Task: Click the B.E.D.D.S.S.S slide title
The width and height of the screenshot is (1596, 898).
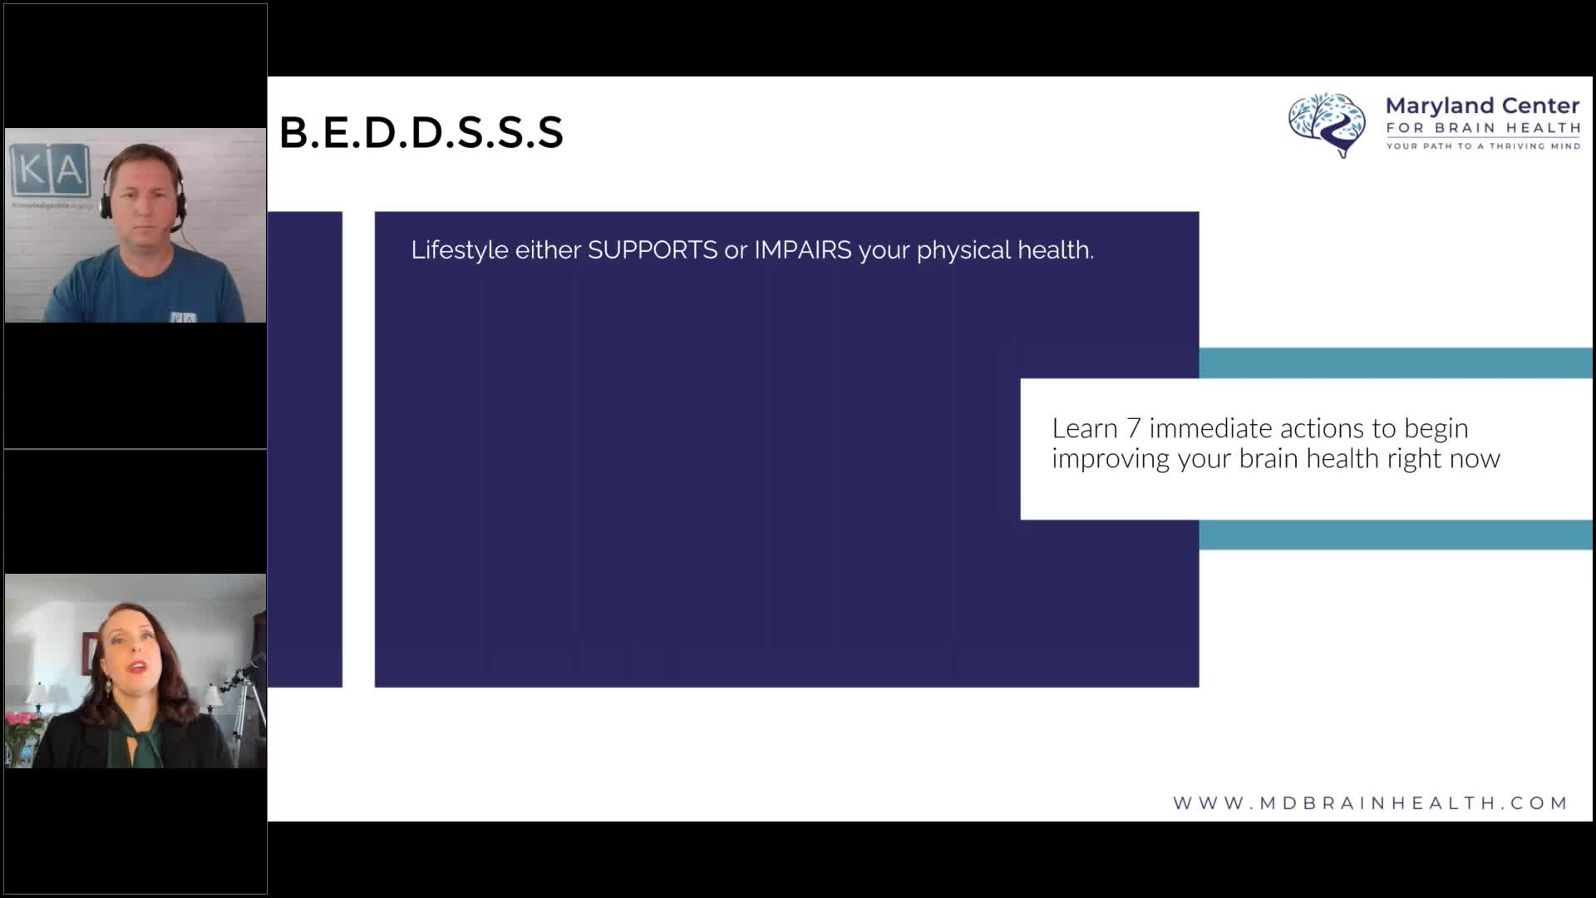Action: click(x=421, y=133)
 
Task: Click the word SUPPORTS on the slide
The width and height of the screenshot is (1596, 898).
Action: click(x=653, y=250)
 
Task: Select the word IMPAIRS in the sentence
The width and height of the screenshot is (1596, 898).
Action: click(x=803, y=250)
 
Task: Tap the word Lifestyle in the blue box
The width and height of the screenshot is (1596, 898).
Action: click(x=460, y=251)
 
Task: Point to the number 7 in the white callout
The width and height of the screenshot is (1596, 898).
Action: click(x=1133, y=428)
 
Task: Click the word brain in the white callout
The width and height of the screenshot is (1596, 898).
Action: click(x=1269, y=459)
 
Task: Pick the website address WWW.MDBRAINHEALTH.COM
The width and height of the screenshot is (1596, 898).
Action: click(x=1370, y=803)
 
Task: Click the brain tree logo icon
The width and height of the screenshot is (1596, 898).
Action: click(x=1328, y=125)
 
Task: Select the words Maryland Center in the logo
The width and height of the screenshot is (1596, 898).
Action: click(x=1483, y=106)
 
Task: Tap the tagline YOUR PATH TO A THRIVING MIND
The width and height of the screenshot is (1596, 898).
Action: click(x=1483, y=146)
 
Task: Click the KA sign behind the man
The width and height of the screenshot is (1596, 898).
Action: click(x=50, y=170)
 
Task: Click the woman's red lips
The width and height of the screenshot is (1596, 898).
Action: click(x=138, y=667)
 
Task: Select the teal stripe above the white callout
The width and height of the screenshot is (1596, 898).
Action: click(x=1396, y=363)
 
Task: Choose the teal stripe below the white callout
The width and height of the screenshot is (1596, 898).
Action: click(x=1396, y=535)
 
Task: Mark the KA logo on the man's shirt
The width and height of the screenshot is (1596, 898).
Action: click(x=184, y=318)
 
